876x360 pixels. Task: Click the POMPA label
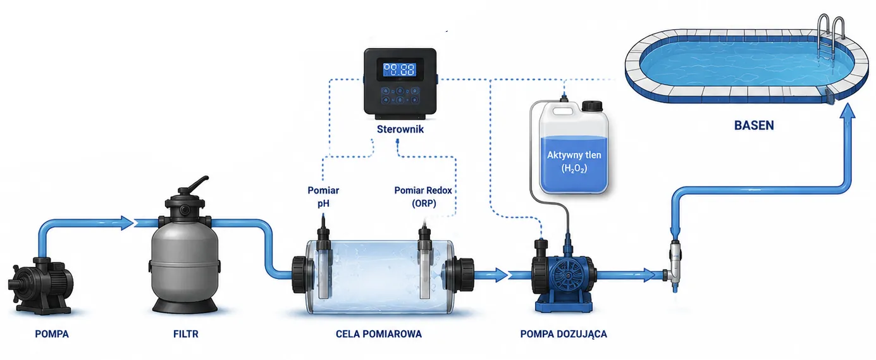tap(52, 334)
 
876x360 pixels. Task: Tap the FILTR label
tap(186, 334)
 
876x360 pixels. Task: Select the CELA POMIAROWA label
tap(379, 334)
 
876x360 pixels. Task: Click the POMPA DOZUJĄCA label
tap(564, 334)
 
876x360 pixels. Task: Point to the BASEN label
tap(754, 125)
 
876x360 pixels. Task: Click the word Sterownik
tap(400, 129)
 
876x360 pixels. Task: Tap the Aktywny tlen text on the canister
tap(574, 155)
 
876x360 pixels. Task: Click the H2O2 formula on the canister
tap(574, 169)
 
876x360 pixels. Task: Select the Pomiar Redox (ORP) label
tap(423, 196)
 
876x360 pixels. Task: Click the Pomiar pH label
tap(323, 196)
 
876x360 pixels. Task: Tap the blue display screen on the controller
tap(400, 70)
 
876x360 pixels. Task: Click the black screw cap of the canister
tap(591, 106)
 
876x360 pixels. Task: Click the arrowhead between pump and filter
tap(128, 223)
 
